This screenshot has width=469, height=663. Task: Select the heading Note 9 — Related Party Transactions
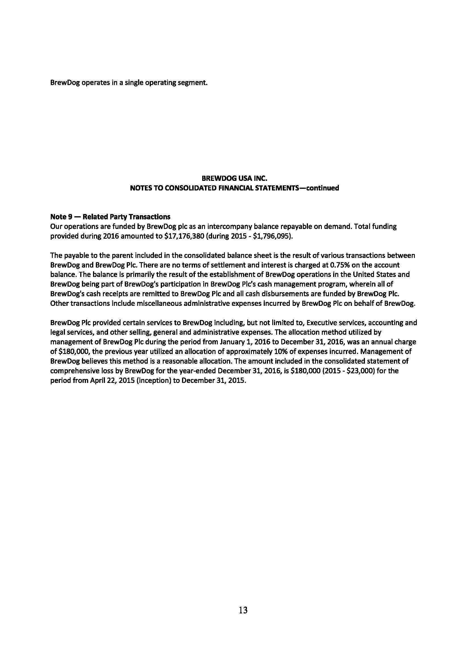[110, 217]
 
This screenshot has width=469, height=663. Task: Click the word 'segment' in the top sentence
[194, 82]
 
